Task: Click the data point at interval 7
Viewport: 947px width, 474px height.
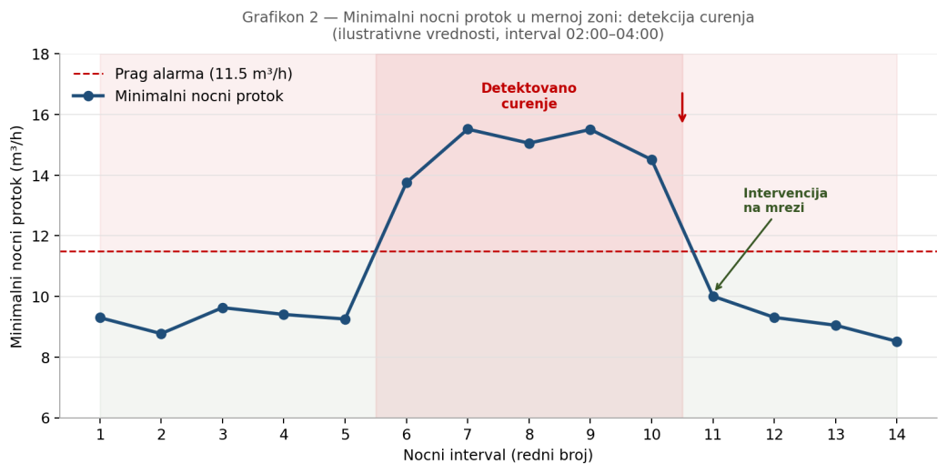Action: point(468,129)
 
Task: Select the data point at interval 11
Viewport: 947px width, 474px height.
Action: point(713,297)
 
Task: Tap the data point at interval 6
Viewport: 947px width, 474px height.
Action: point(407,183)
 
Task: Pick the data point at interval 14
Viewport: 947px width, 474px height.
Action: point(896,342)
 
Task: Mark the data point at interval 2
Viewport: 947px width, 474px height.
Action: point(161,334)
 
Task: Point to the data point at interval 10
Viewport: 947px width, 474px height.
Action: point(651,160)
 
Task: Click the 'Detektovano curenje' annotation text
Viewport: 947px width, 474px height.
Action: point(529,96)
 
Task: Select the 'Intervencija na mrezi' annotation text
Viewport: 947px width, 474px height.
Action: point(785,201)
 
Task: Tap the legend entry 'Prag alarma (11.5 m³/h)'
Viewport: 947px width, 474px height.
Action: point(203,75)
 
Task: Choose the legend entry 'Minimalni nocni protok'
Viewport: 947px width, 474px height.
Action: point(198,96)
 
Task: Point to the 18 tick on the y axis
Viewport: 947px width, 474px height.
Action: point(40,54)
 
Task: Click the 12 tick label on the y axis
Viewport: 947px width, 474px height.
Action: point(40,237)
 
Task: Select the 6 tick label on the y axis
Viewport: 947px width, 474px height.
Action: point(44,419)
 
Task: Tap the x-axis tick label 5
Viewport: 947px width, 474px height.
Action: point(345,435)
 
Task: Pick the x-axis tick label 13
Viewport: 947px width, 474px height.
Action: point(835,435)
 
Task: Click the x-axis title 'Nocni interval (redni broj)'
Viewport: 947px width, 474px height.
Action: point(498,456)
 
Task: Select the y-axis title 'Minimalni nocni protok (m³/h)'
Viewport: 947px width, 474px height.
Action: point(18,237)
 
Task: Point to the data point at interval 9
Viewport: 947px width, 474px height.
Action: point(590,130)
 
